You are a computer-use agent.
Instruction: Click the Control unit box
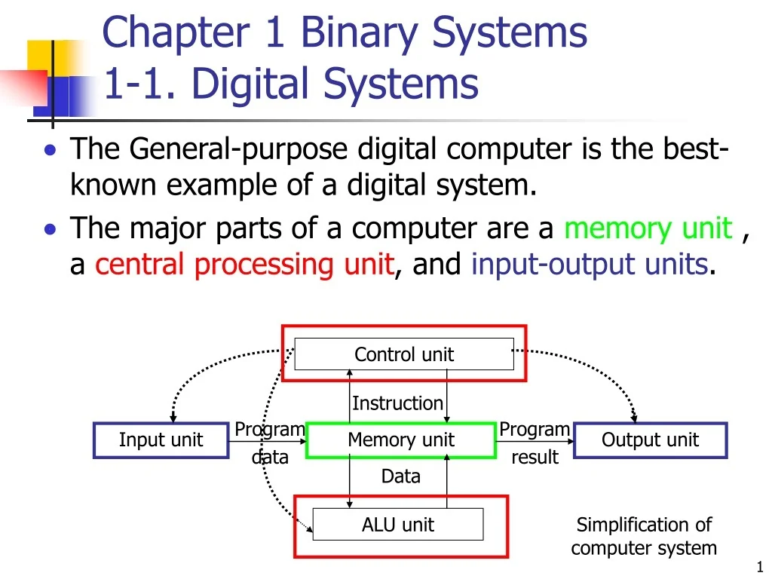pos(404,354)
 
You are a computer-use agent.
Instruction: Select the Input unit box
pos(161,440)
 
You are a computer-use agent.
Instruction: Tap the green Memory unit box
pos(401,440)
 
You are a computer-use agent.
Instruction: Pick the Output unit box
pos(650,440)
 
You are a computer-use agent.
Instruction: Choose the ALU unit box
pos(398,525)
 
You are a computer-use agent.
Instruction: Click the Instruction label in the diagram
pos(397,403)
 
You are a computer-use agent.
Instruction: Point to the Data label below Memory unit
pos(401,476)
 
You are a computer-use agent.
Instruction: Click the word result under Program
pos(535,457)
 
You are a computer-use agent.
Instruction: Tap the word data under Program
pos(270,457)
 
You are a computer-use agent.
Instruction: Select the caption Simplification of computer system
pos(643,536)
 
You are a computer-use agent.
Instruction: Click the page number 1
pos(759,568)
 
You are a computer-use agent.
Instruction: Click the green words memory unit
pos(648,228)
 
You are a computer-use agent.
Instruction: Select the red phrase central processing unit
pos(244,265)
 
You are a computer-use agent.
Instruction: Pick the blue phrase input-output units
pos(590,265)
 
